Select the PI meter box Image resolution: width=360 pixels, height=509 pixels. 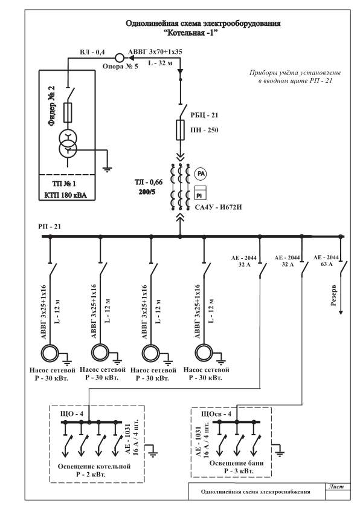[201, 192]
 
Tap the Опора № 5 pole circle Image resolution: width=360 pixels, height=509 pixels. [120, 58]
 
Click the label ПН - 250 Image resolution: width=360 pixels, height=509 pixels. [204, 130]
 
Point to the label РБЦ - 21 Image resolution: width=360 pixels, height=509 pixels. [204, 115]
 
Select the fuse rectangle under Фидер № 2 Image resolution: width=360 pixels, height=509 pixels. [68, 112]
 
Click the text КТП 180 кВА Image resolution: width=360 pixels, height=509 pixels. [65, 195]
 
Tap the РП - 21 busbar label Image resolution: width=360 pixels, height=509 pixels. [50, 226]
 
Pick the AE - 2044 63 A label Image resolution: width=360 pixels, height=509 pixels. [326, 261]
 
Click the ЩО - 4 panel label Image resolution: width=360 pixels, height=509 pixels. [72, 414]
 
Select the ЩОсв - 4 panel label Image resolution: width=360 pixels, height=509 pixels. [216, 414]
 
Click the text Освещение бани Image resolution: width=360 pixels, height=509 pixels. [236, 463]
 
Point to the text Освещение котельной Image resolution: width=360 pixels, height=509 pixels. [94, 466]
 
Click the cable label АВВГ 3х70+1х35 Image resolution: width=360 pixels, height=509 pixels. [155, 51]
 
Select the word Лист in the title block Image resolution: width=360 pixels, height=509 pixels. [336, 487]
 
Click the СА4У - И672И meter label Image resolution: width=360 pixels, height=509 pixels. [218, 207]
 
